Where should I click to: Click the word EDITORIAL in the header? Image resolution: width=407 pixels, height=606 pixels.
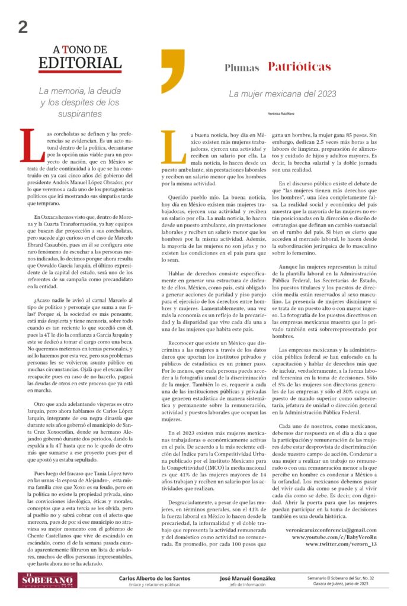[80, 62]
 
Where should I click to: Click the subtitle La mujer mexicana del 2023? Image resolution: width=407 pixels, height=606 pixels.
[283, 94]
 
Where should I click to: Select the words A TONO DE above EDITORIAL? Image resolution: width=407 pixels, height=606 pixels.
[79, 49]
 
